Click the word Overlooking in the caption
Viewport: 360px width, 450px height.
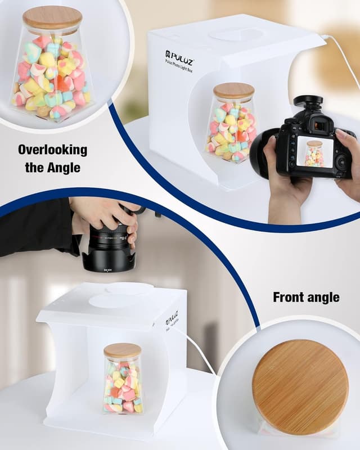[52, 150]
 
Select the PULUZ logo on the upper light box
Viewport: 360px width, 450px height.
[179, 57]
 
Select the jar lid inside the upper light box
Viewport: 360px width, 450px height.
[233, 91]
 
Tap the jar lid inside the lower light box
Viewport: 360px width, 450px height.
[122, 350]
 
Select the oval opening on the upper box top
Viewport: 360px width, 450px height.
[236, 35]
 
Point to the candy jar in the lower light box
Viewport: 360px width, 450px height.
[123, 382]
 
